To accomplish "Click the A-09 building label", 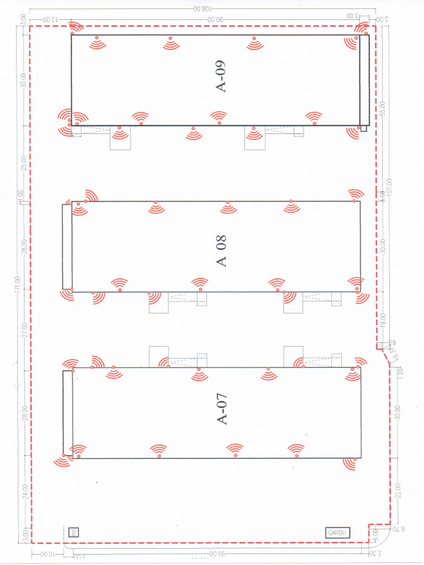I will [221, 78].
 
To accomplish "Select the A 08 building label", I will [222, 251].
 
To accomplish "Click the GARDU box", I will [337, 532].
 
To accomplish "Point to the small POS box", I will [72, 532].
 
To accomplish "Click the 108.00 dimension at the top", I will [202, 9].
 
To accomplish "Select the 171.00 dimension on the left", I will [19, 283].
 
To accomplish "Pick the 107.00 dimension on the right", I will [389, 188].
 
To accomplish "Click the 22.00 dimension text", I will [399, 490].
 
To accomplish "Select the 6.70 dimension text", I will [398, 530].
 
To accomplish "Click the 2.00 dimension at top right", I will [382, 19].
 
